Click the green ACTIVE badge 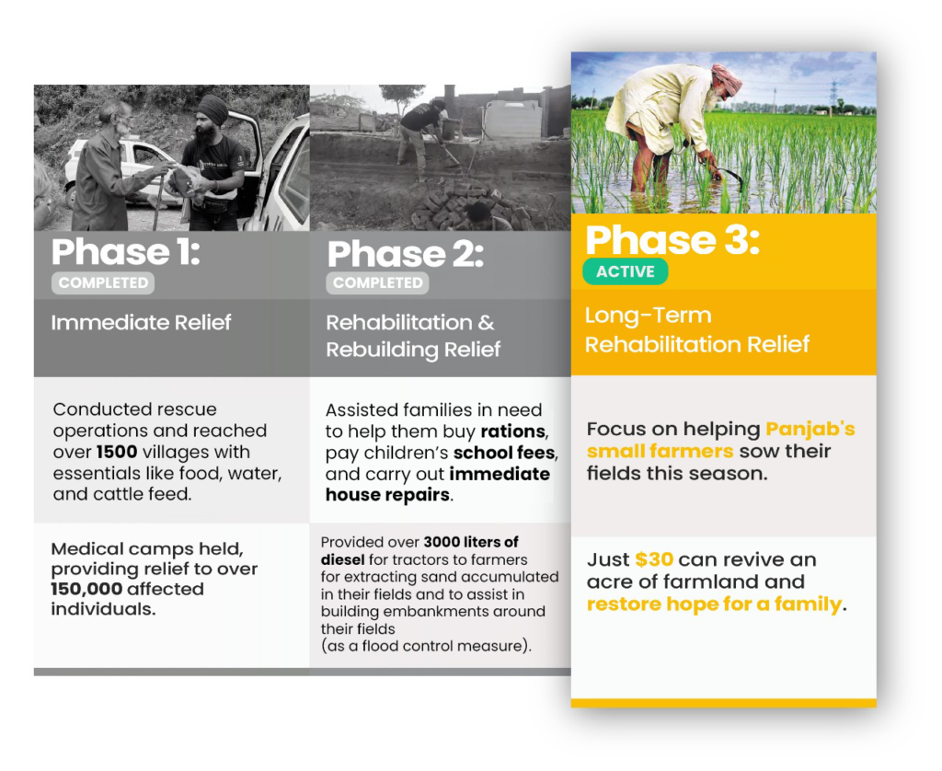tap(626, 271)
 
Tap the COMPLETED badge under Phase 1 tap(103, 283)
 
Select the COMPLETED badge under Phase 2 tap(377, 283)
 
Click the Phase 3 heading tap(672, 240)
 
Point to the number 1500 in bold tap(117, 452)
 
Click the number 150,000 tap(86, 589)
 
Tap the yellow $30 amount tap(654, 559)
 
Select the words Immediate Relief tap(141, 323)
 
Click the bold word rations tap(514, 432)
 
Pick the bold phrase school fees tap(505, 453)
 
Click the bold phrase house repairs tap(388, 495)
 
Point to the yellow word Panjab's tap(810, 429)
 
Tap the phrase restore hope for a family tap(715, 604)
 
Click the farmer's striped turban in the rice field tap(728, 78)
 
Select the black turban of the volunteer tap(213, 109)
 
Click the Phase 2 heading tap(406, 254)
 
